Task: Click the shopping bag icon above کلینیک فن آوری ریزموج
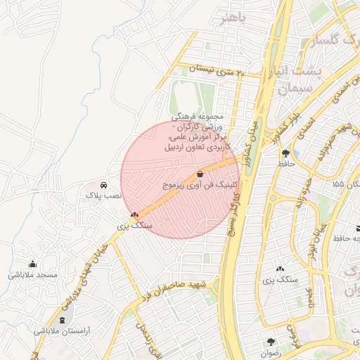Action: click(200, 173)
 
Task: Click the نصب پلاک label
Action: click(104, 193)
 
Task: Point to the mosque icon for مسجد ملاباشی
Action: click(32, 264)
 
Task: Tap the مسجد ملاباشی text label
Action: click(32, 275)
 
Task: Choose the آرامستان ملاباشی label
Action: click(60, 330)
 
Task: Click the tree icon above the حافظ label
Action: click(285, 153)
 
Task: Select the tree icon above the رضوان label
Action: click(271, 341)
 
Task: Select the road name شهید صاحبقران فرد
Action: click(176, 287)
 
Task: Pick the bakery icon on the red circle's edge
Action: click(134, 214)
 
